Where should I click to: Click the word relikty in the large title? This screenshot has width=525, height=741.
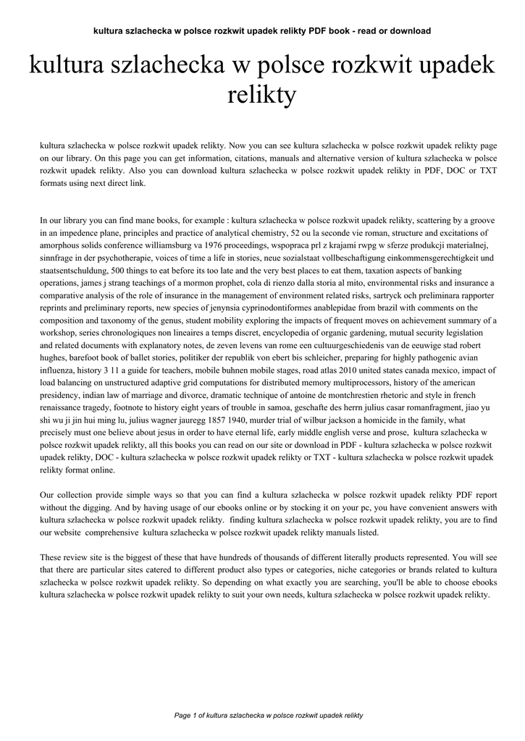(x=262, y=94)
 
